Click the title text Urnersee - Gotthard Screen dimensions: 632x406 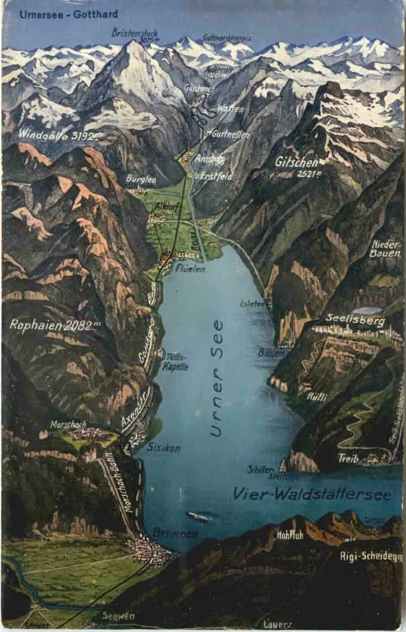click(68, 14)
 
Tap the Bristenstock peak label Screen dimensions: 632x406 click(135, 33)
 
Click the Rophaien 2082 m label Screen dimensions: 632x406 click(55, 325)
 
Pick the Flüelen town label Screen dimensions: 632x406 click(190, 268)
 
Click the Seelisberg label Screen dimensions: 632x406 click(355, 321)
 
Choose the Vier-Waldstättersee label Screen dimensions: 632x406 click(312, 494)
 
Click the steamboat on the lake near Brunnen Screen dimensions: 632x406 click(199, 517)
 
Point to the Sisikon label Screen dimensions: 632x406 click(163, 448)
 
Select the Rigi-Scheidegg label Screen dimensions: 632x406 click(371, 556)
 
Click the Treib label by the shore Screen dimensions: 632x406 click(348, 458)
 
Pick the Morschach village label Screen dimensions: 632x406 click(68, 425)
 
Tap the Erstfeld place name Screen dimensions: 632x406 click(217, 177)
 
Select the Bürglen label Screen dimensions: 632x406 click(141, 179)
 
